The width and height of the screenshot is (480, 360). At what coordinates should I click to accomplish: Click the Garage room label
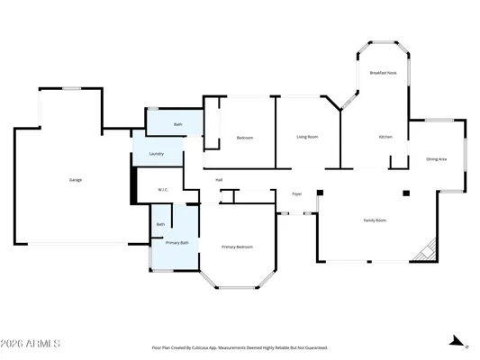[76, 180]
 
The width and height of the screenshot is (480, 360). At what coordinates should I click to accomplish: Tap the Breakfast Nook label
[384, 73]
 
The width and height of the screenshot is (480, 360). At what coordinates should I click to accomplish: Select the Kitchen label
[385, 137]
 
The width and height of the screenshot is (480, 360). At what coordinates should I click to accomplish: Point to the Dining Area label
[437, 159]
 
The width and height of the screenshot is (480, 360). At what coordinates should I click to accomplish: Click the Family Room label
[375, 220]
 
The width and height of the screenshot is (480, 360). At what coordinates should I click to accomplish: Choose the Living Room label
[308, 137]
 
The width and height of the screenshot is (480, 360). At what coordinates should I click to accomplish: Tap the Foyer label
[296, 193]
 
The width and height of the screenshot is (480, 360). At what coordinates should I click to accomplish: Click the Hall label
[219, 180]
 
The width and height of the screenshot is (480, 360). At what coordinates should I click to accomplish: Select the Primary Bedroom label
[238, 247]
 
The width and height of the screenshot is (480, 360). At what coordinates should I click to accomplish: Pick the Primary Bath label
[177, 243]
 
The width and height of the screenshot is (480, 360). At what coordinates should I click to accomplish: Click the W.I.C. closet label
[163, 190]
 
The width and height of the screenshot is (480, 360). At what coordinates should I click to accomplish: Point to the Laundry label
[157, 155]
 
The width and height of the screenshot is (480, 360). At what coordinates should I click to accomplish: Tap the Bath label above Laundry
[178, 124]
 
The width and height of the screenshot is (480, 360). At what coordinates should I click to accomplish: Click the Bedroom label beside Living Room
[245, 138]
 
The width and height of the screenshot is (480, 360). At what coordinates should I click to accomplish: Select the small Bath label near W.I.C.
[160, 224]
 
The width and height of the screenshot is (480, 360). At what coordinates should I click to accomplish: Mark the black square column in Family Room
[406, 193]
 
